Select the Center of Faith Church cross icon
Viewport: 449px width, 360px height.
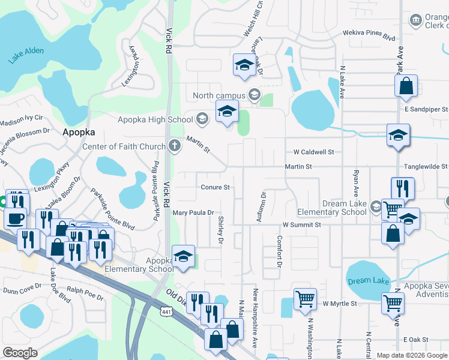tap(174, 145)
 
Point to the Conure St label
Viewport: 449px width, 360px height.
tap(215, 187)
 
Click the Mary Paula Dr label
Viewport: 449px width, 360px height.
tap(193, 212)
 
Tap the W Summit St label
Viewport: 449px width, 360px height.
tap(302, 224)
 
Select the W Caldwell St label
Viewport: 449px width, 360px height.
tap(313, 152)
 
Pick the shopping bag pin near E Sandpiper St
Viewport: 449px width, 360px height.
tap(406, 86)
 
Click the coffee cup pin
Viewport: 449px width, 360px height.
tap(15, 218)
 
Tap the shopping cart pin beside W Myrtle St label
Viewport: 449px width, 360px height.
tap(304, 298)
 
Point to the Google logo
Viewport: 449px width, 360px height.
tap(20, 353)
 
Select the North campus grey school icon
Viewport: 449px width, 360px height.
tap(254, 95)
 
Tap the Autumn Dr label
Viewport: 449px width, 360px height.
tap(262, 207)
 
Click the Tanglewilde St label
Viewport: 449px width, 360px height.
tap(427, 166)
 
